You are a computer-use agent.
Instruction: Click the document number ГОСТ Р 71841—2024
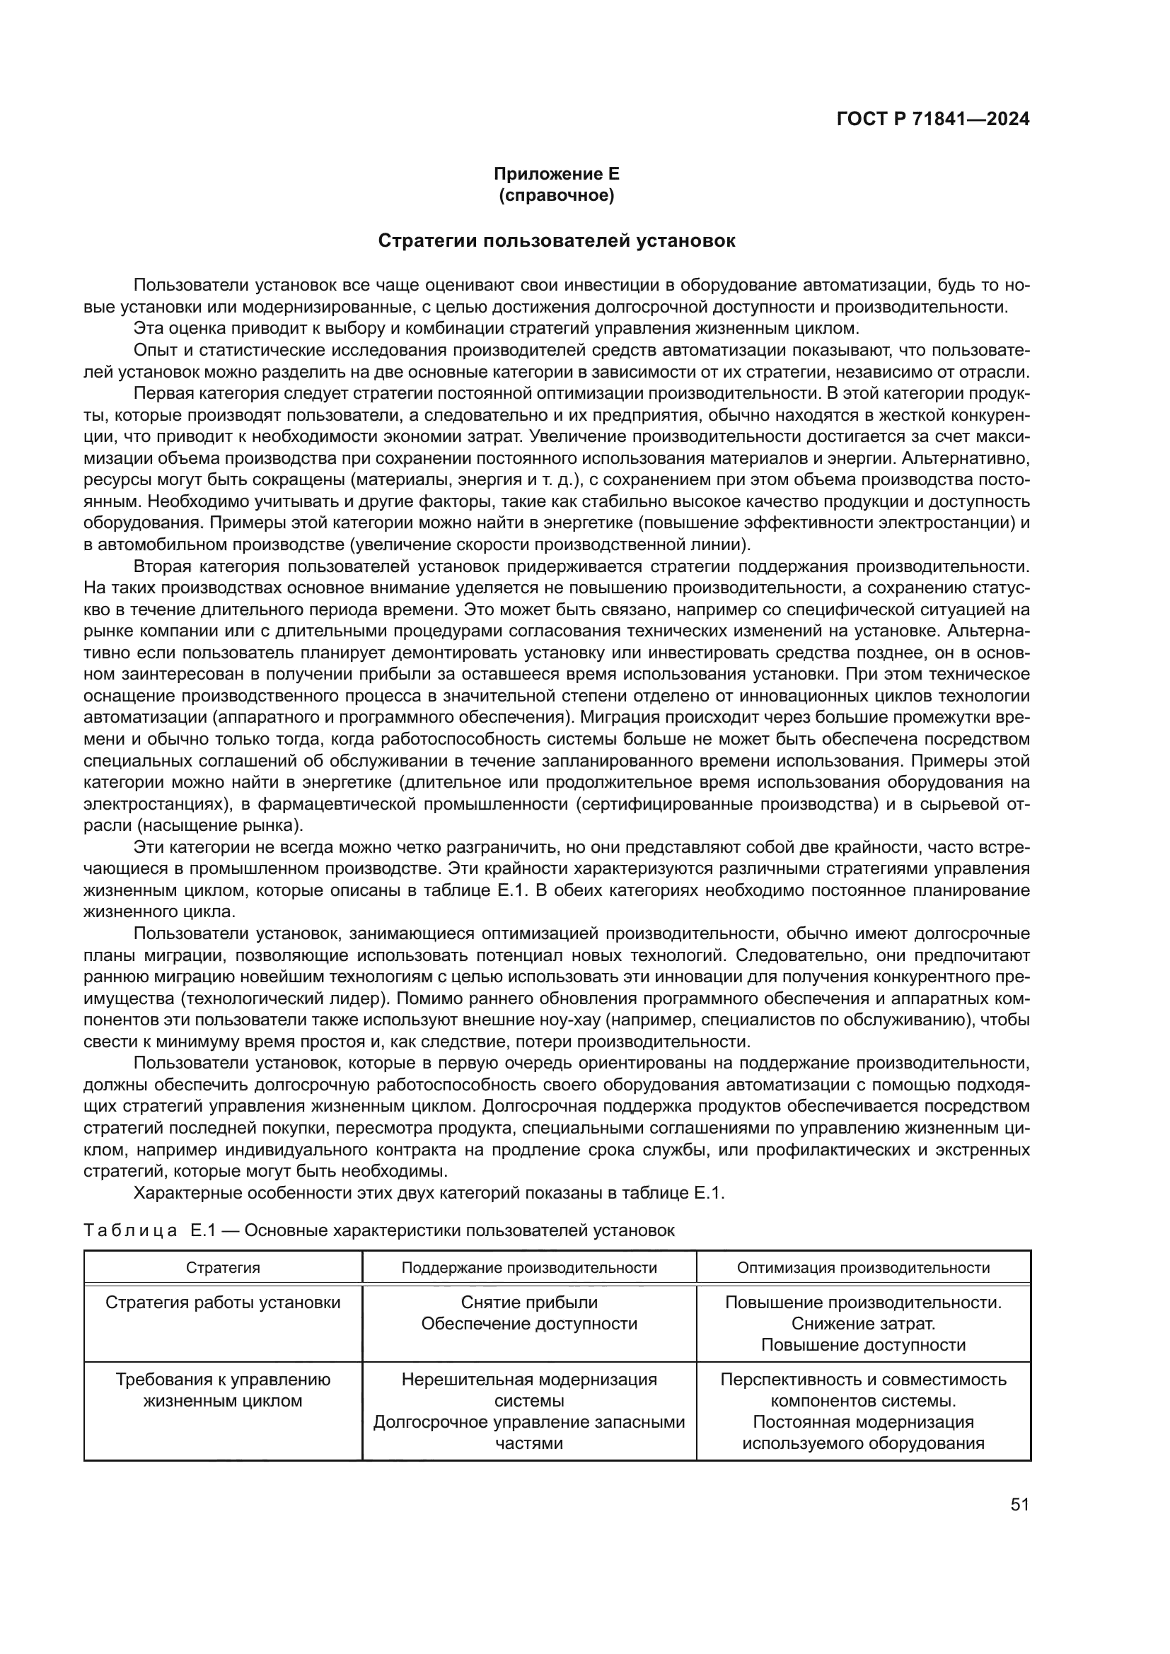pos(933,120)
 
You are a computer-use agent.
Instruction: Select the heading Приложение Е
pos(556,174)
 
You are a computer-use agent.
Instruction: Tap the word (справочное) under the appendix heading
pos(556,195)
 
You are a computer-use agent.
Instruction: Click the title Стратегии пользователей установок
pos(556,240)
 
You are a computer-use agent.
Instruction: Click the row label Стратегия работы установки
pos(223,1303)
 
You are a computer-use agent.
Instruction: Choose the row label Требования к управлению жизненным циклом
pos(223,1390)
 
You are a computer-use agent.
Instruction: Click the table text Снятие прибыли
pos(529,1303)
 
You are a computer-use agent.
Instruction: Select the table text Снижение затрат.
pos(863,1324)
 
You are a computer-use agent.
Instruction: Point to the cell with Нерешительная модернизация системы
pos(529,1390)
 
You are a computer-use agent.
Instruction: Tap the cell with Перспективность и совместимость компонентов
pos(863,1390)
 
